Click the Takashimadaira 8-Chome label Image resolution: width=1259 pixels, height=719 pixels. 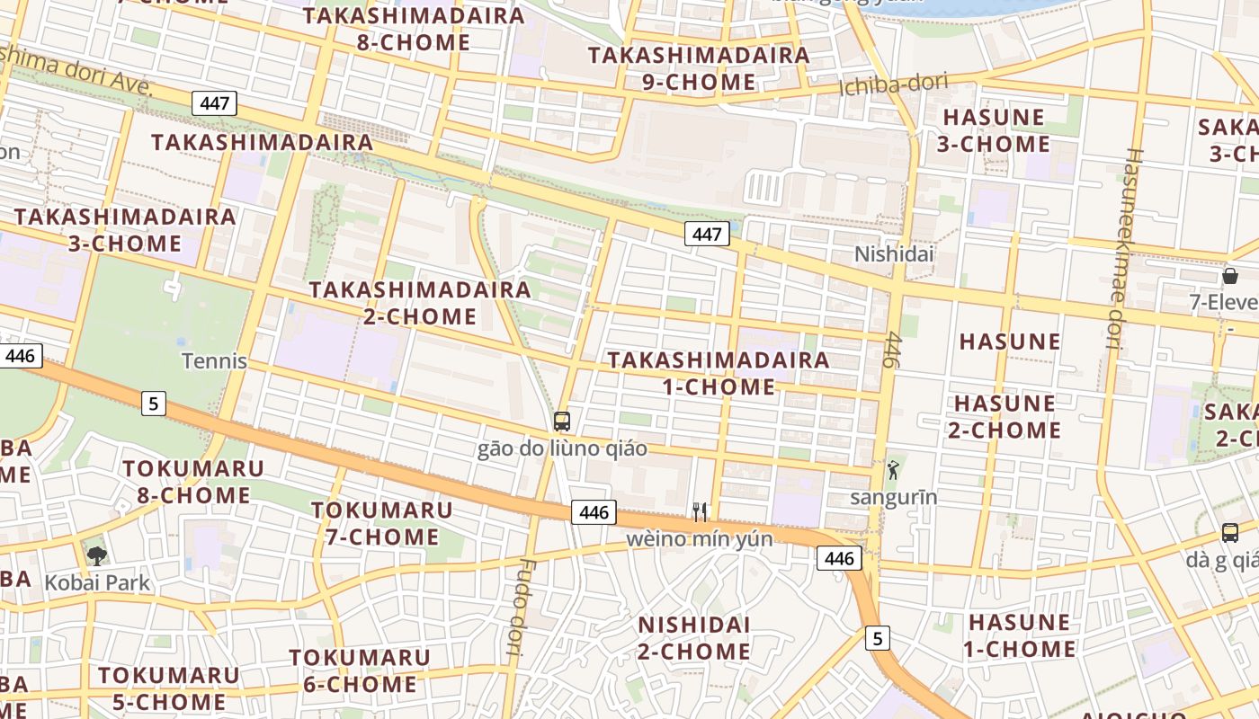click(x=414, y=29)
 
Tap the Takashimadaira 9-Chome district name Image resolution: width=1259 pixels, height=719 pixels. click(x=699, y=68)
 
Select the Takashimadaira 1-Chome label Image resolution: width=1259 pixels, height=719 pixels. click(x=719, y=373)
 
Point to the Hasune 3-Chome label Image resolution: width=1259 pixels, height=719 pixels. click(x=993, y=130)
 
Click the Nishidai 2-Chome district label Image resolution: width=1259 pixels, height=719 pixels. click(x=693, y=637)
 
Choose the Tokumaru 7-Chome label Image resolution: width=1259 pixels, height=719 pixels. click(x=381, y=523)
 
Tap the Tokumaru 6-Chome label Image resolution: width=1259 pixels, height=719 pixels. click(x=360, y=670)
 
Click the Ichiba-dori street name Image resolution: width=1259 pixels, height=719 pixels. click(x=893, y=85)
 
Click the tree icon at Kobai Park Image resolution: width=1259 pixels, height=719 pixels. click(x=97, y=555)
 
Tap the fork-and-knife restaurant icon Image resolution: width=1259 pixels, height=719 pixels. click(x=700, y=512)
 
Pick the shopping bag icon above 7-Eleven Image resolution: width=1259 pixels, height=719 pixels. click(x=1229, y=276)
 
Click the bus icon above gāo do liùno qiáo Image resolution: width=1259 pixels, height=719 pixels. click(x=562, y=421)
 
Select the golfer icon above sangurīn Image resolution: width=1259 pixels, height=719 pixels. click(x=893, y=469)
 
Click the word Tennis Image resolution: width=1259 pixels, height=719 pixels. click(x=214, y=361)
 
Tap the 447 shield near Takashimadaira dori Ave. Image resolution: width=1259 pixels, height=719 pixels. click(x=214, y=102)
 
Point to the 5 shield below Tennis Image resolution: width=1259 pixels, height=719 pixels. click(x=154, y=404)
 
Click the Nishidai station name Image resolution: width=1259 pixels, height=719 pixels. click(x=894, y=254)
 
